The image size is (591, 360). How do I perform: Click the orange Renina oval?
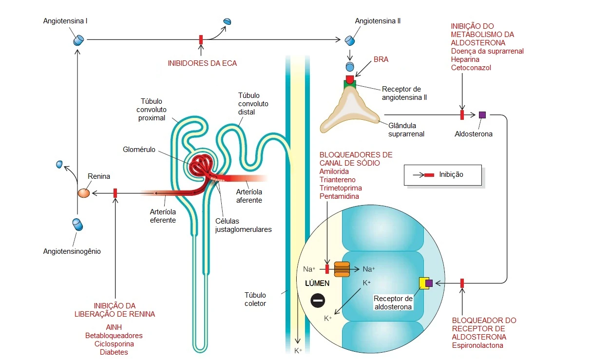pyautogui.click(x=84, y=193)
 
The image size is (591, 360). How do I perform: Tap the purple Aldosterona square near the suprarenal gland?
pyautogui.click(x=482, y=115)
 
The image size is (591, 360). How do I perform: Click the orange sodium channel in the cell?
pyautogui.click(x=342, y=269)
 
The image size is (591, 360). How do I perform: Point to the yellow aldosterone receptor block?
pyautogui.click(x=423, y=283)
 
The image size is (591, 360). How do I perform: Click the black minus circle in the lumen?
pyautogui.click(x=318, y=301)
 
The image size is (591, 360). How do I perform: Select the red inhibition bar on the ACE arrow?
pyautogui.click(x=201, y=39)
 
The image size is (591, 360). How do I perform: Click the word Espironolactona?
pyautogui.click(x=477, y=345)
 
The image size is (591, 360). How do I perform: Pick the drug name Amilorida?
pyautogui.click(x=334, y=171)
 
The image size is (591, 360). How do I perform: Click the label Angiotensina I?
pyautogui.click(x=65, y=21)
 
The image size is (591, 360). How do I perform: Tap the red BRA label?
pyautogui.click(x=381, y=59)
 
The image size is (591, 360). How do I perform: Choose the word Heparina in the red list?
pyautogui.click(x=465, y=59)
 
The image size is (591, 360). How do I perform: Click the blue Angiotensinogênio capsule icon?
pyautogui.click(x=77, y=225)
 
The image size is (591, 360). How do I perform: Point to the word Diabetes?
pyautogui.click(x=114, y=352)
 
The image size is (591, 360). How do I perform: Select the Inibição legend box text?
pyautogui.click(x=451, y=174)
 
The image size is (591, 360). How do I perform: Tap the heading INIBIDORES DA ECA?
pyautogui.click(x=202, y=63)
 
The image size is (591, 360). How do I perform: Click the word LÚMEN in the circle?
pyautogui.click(x=317, y=283)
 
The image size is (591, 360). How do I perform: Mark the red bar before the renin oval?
pyautogui.click(x=115, y=193)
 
